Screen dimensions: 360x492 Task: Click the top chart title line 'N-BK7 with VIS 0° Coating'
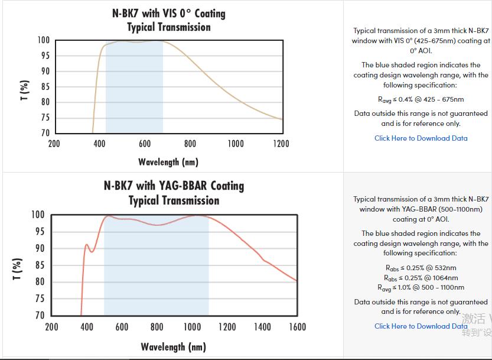click(169, 13)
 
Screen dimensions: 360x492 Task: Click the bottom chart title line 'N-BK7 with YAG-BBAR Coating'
click(174, 186)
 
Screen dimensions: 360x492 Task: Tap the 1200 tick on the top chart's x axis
click(281, 144)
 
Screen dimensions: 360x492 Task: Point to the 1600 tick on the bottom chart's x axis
click(296, 327)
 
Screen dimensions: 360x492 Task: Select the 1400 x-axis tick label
click(262, 327)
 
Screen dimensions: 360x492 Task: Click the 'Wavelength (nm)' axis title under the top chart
click(168, 161)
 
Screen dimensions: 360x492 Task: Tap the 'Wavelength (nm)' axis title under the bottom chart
click(174, 346)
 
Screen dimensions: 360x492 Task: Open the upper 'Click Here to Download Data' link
click(421, 138)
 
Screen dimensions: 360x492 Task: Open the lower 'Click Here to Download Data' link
click(421, 326)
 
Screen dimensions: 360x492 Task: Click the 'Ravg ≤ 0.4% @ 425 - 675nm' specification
click(421, 99)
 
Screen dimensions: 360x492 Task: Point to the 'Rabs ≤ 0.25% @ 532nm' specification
click(421, 268)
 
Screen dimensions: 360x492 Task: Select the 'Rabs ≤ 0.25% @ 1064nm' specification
click(421, 278)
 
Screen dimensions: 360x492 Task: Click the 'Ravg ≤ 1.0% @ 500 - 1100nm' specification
click(421, 288)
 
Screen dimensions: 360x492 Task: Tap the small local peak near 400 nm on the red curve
click(86, 244)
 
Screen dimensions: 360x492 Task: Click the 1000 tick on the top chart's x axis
click(235, 144)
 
